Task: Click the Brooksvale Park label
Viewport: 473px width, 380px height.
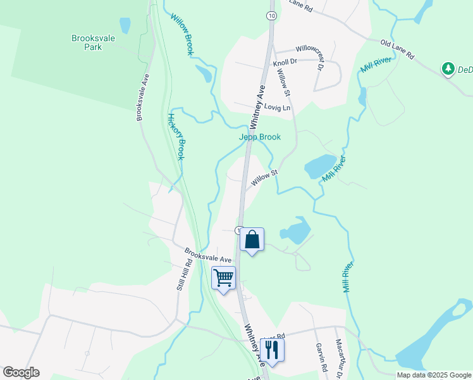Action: click(93, 42)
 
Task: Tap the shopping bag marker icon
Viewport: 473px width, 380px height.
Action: click(252, 240)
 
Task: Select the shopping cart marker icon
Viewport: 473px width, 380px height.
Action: click(223, 278)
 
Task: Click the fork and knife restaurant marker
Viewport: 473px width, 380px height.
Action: click(272, 350)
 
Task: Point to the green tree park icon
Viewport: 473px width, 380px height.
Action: click(448, 68)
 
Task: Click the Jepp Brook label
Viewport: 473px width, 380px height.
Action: click(259, 137)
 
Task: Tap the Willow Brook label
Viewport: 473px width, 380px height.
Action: click(180, 35)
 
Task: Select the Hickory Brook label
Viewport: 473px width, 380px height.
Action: click(176, 136)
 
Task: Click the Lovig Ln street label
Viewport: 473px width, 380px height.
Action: click(278, 108)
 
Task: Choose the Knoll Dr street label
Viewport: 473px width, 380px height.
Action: click(285, 62)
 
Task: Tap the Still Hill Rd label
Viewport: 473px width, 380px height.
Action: click(183, 277)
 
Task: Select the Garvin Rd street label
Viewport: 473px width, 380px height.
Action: click(321, 358)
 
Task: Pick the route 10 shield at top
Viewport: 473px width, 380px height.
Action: click(271, 15)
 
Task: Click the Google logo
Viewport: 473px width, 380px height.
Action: click(21, 372)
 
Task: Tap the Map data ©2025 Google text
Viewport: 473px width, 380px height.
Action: click(433, 375)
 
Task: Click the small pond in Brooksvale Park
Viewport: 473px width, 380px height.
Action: click(125, 25)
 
